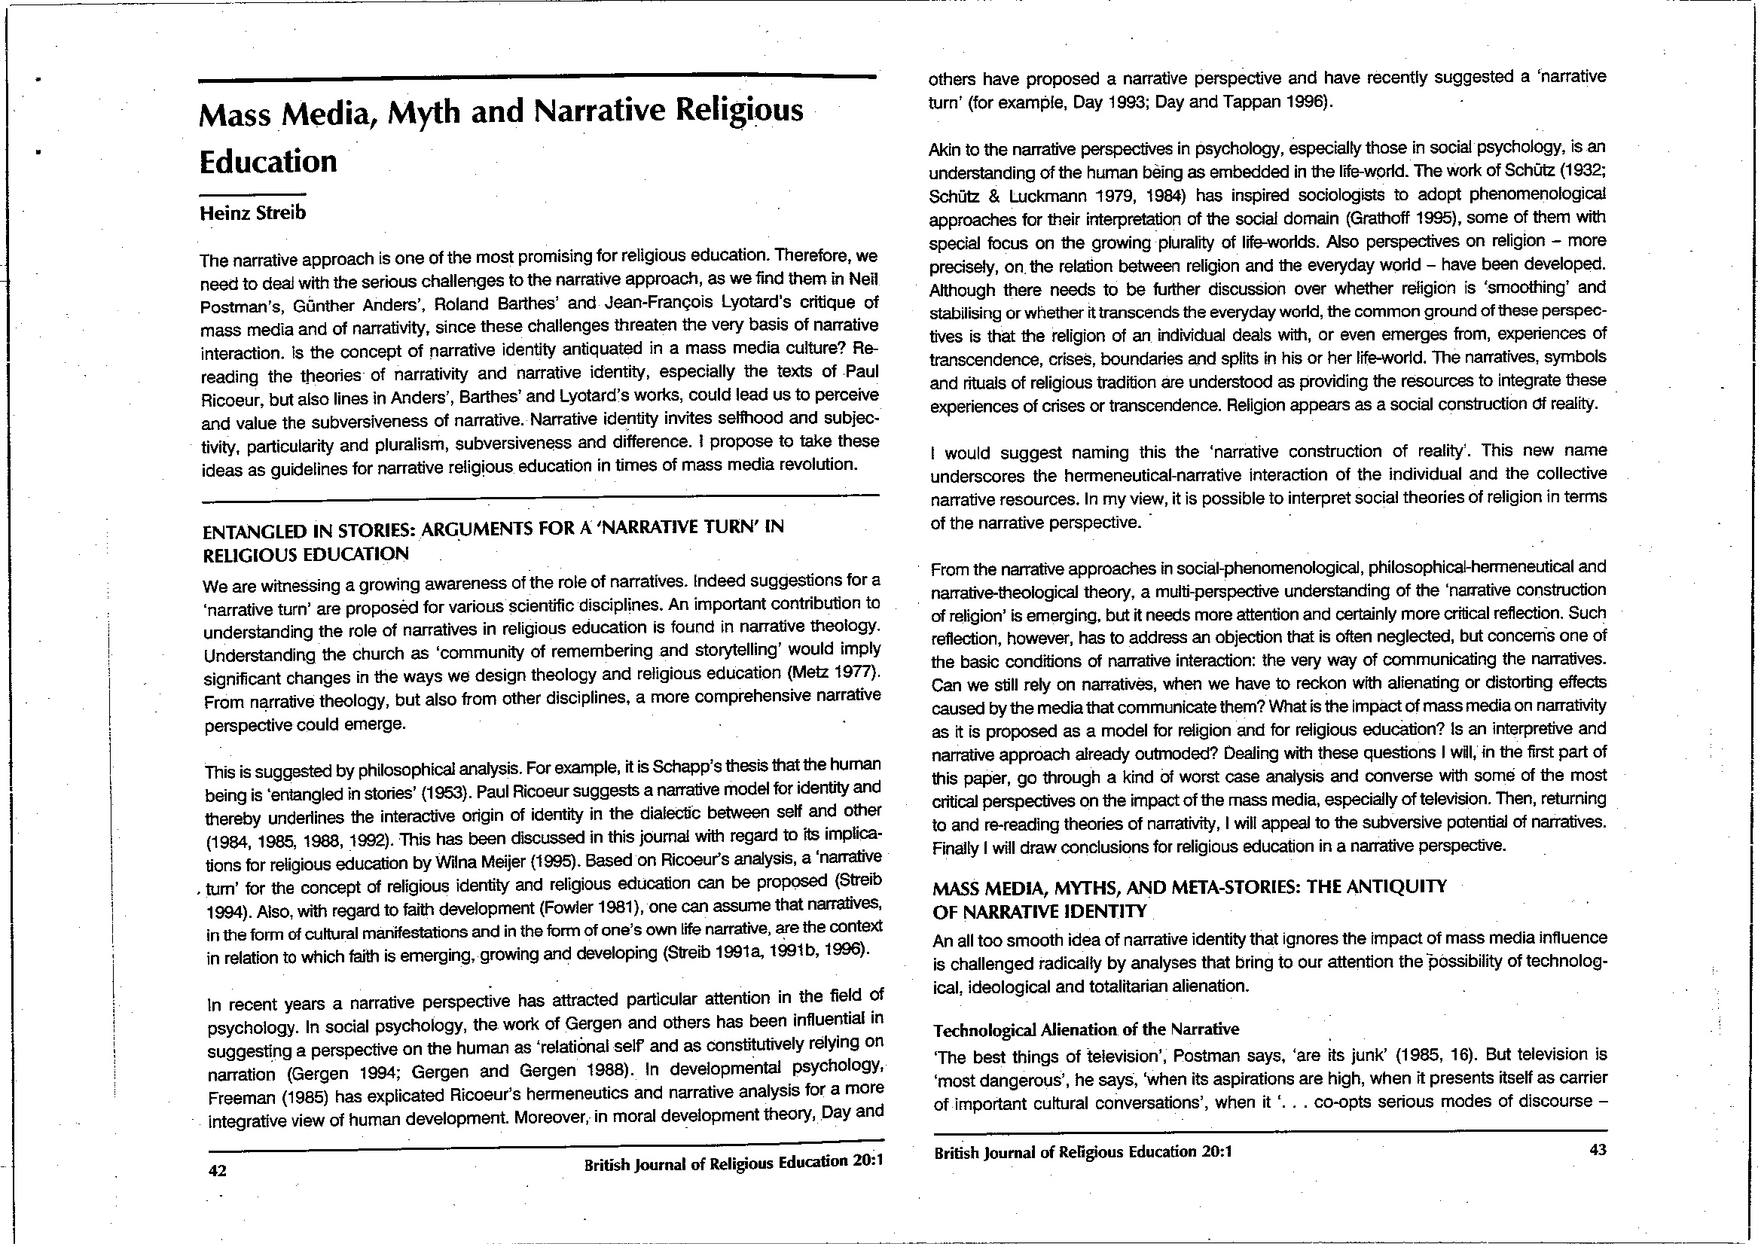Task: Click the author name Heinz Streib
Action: click(x=252, y=213)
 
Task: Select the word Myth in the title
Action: click(x=422, y=113)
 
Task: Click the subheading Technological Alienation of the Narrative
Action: click(x=1085, y=1029)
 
